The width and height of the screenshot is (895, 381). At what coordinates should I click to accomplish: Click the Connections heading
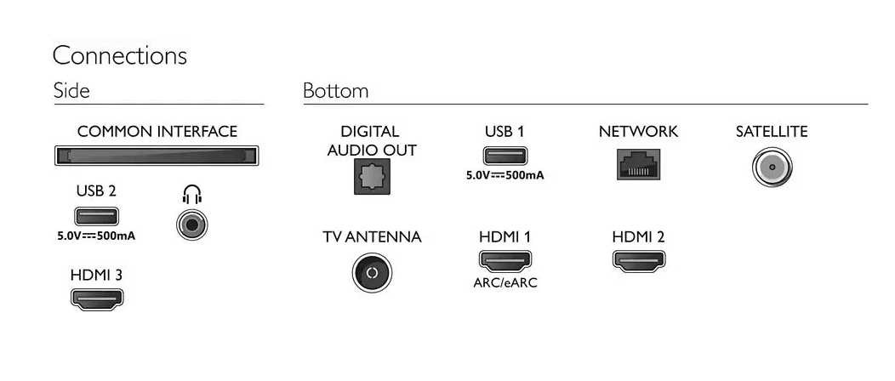pos(120,56)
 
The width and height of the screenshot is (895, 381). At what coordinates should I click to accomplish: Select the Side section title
pos(71,91)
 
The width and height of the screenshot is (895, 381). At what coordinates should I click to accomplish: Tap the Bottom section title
pos(335,91)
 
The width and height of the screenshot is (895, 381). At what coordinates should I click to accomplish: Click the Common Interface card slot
pos(157,156)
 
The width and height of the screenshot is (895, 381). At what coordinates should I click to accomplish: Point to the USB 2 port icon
pos(96,217)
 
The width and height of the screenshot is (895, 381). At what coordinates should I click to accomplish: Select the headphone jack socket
pos(191,225)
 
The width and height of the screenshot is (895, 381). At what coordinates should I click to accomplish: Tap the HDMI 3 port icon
pos(96,299)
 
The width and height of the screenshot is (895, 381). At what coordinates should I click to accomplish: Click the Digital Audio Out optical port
pos(372,176)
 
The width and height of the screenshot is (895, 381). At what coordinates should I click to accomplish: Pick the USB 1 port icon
pos(505,156)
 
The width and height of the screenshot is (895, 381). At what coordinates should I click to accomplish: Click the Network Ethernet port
pos(638,164)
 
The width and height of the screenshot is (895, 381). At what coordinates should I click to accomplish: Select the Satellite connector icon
pos(772,168)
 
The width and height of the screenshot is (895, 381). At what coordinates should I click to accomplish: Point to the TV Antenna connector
pos(372,273)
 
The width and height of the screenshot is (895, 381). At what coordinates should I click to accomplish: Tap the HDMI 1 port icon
pos(505,260)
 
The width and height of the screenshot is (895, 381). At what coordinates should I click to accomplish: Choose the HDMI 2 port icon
pos(639,260)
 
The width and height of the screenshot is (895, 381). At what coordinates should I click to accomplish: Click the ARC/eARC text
pos(505,283)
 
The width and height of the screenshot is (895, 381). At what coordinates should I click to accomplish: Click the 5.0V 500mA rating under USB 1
pos(505,176)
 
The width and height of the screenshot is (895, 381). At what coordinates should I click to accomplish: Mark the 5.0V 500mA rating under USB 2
pos(96,236)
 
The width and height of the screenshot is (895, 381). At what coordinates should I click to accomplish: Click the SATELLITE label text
pos(772,132)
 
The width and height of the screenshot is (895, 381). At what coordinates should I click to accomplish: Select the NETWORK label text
pos(638,132)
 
